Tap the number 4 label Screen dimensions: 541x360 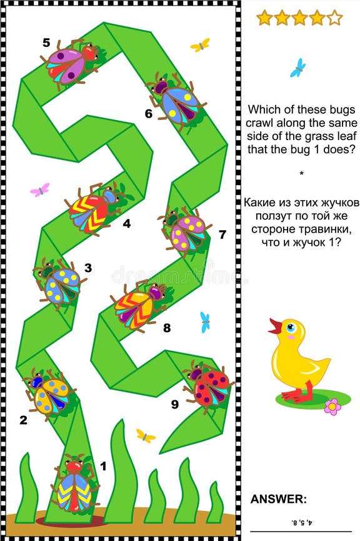(127, 222)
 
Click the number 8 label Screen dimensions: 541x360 (166, 327)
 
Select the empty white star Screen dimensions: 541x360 (334, 18)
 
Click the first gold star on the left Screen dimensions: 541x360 (264, 18)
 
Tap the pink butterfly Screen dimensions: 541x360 (40, 190)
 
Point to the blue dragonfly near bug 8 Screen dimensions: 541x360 (205, 321)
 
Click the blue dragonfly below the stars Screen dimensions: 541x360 (298, 68)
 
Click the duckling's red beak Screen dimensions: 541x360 (274, 326)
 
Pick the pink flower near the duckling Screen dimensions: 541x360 (332, 407)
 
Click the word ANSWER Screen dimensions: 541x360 (279, 498)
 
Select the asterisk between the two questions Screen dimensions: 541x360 (300, 173)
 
